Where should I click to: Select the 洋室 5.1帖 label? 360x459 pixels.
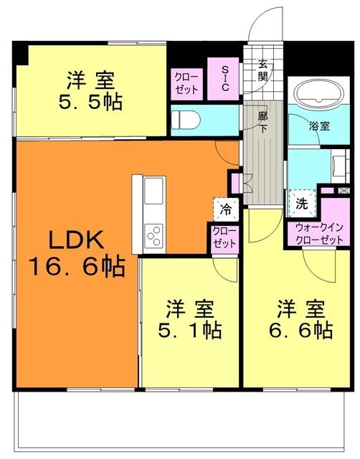pyautogui.click(x=191, y=320)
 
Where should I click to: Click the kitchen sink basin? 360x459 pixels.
pyautogui.click(x=154, y=191)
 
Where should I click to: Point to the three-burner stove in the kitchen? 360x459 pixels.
pyautogui.click(x=154, y=234)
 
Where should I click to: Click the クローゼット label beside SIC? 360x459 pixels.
pyautogui.click(x=188, y=83)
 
